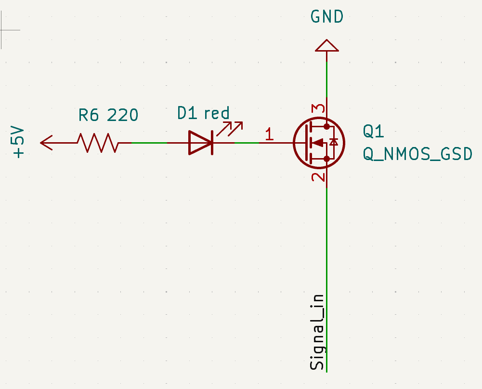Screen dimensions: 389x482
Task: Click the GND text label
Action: point(327,17)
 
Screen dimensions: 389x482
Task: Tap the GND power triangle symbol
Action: point(327,46)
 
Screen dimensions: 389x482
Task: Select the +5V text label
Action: point(18,143)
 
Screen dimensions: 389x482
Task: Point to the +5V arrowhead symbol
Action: point(46,143)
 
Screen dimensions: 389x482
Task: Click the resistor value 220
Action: point(122,115)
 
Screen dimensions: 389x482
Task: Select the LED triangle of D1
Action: point(200,143)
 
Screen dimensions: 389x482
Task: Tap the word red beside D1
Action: point(217,114)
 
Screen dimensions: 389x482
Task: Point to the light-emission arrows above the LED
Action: point(229,128)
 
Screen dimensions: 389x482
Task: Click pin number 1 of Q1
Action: point(269,134)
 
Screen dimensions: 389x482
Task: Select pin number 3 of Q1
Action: point(318,109)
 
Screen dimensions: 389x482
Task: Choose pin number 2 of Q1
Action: point(318,177)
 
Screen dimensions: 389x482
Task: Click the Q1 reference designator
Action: point(374,131)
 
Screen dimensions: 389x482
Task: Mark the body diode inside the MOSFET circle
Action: point(333,142)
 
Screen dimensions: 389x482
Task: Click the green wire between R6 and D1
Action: point(149,143)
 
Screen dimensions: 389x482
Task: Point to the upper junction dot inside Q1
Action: point(327,127)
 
